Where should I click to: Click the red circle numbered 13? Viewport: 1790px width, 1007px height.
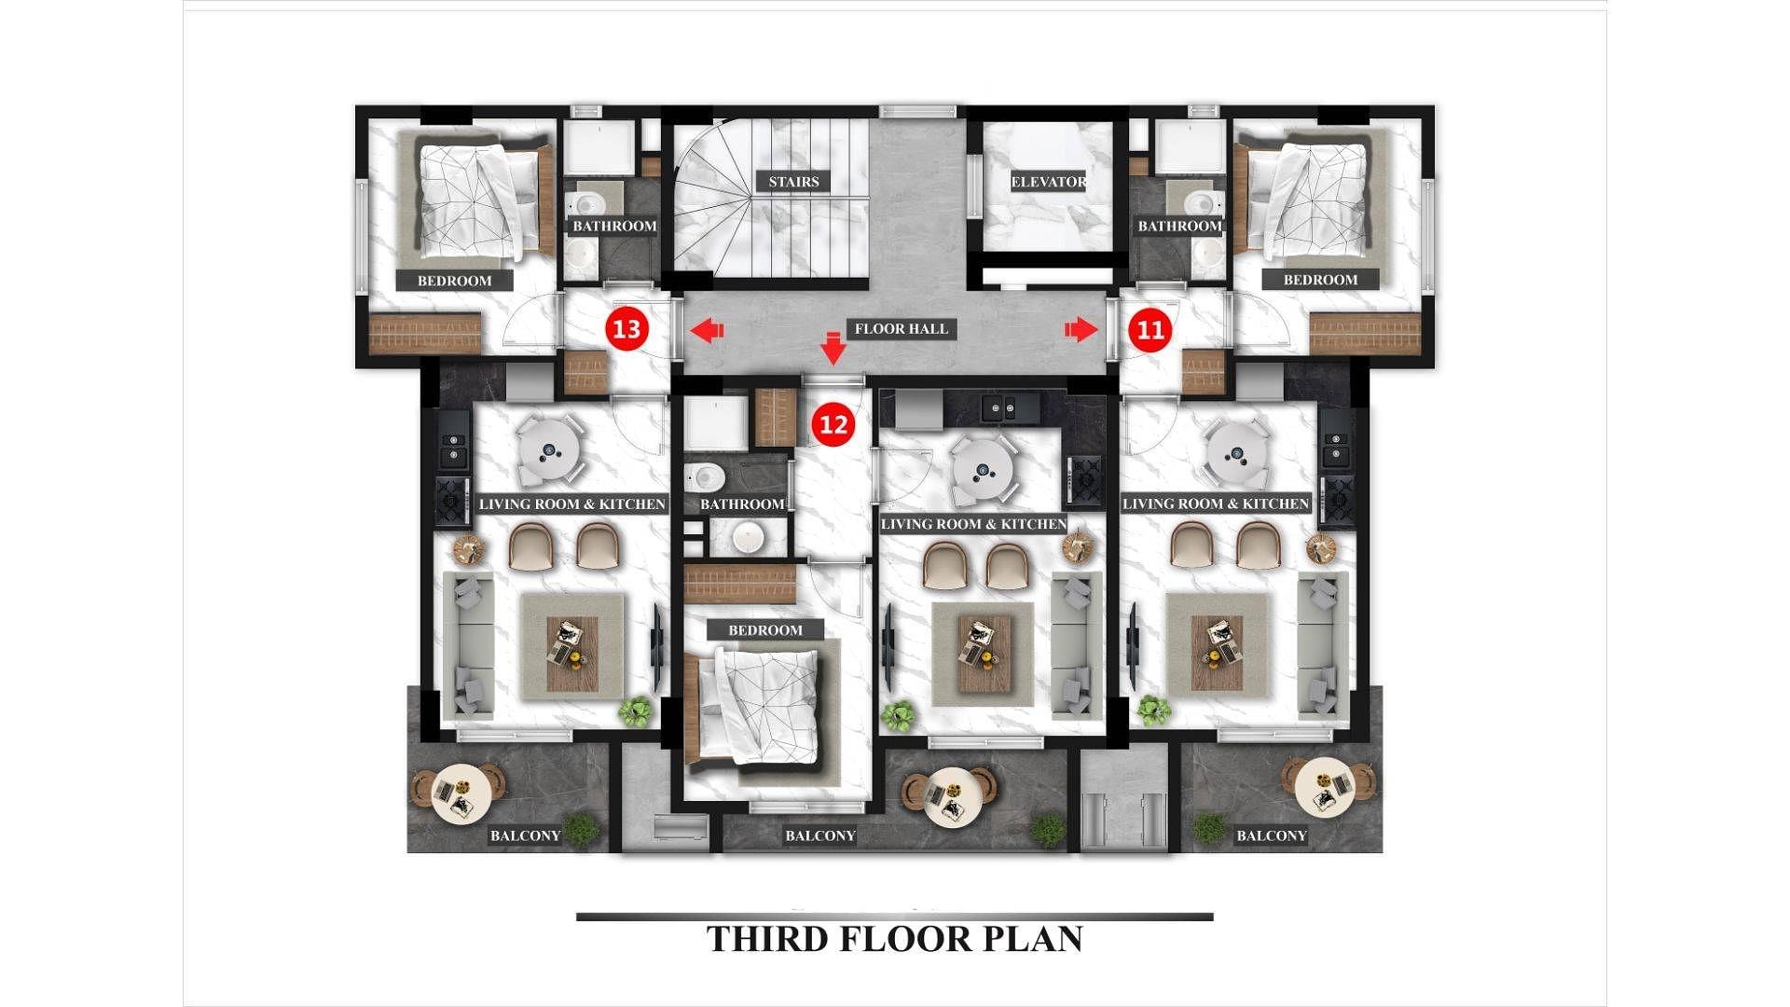pyautogui.click(x=627, y=329)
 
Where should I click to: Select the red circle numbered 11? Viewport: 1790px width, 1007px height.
pyautogui.click(x=1151, y=329)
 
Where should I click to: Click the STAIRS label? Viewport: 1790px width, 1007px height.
pyautogui.click(x=793, y=182)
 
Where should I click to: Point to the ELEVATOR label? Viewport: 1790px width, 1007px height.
pyautogui.click(x=1049, y=182)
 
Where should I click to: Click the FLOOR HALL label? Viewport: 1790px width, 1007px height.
pyautogui.click(x=901, y=328)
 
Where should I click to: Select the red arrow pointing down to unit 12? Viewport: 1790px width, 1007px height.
pyautogui.click(x=833, y=349)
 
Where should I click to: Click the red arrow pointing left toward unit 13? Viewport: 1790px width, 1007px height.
pyautogui.click(x=707, y=329)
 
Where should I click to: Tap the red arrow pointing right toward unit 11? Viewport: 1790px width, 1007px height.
pyautogui.click(x=1081, y=329)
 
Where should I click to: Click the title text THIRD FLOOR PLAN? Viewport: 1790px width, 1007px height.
pyautogui.click(x=895, y=938)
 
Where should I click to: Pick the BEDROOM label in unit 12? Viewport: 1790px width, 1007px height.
pyautogui.click(x=765, y=630)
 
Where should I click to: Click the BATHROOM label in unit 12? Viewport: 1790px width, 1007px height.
pyautogui.click(x=742, y=504)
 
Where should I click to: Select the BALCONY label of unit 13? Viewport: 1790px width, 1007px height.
pyautogui.click(x=526, y=835)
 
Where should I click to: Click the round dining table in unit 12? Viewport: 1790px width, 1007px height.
pyautogui.click(x=983, y=470)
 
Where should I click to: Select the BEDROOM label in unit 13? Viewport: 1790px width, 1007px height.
pyautogui.click(x=454, y=281)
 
